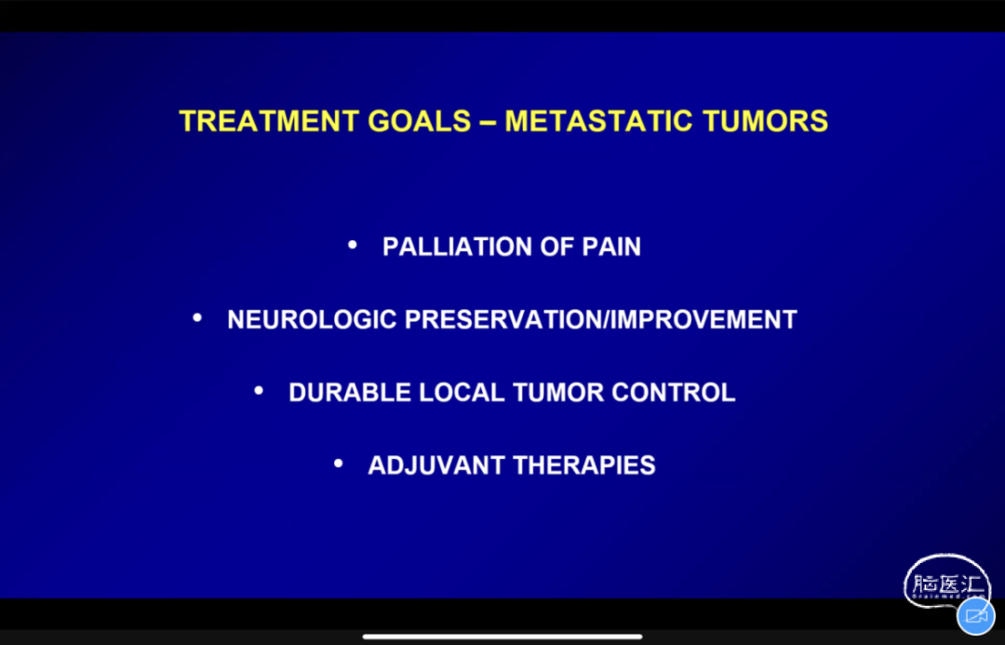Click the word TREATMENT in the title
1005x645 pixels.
pos(268,121)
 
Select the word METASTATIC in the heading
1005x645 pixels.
pos(598,121)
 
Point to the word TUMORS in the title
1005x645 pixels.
pos(765,121)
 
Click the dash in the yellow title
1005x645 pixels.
pos(488,122)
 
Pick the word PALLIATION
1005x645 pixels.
pos(457,247)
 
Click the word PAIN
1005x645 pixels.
pos(611,247)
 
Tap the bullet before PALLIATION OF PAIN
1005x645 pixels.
pos(352,244)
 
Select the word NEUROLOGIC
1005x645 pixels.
pos(312,319)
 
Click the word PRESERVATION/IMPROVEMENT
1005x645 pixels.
pos(601,319)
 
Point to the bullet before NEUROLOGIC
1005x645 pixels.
pos(197,317)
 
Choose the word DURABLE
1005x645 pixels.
pos(350,393)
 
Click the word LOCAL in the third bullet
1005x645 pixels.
pos(462,393)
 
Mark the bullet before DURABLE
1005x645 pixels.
pos(259,390)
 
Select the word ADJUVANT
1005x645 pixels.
pos(436,465)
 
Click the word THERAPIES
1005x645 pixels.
pos(584,465)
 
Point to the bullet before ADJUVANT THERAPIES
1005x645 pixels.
pos(339,463)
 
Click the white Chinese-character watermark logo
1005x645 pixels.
pos(945,582)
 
